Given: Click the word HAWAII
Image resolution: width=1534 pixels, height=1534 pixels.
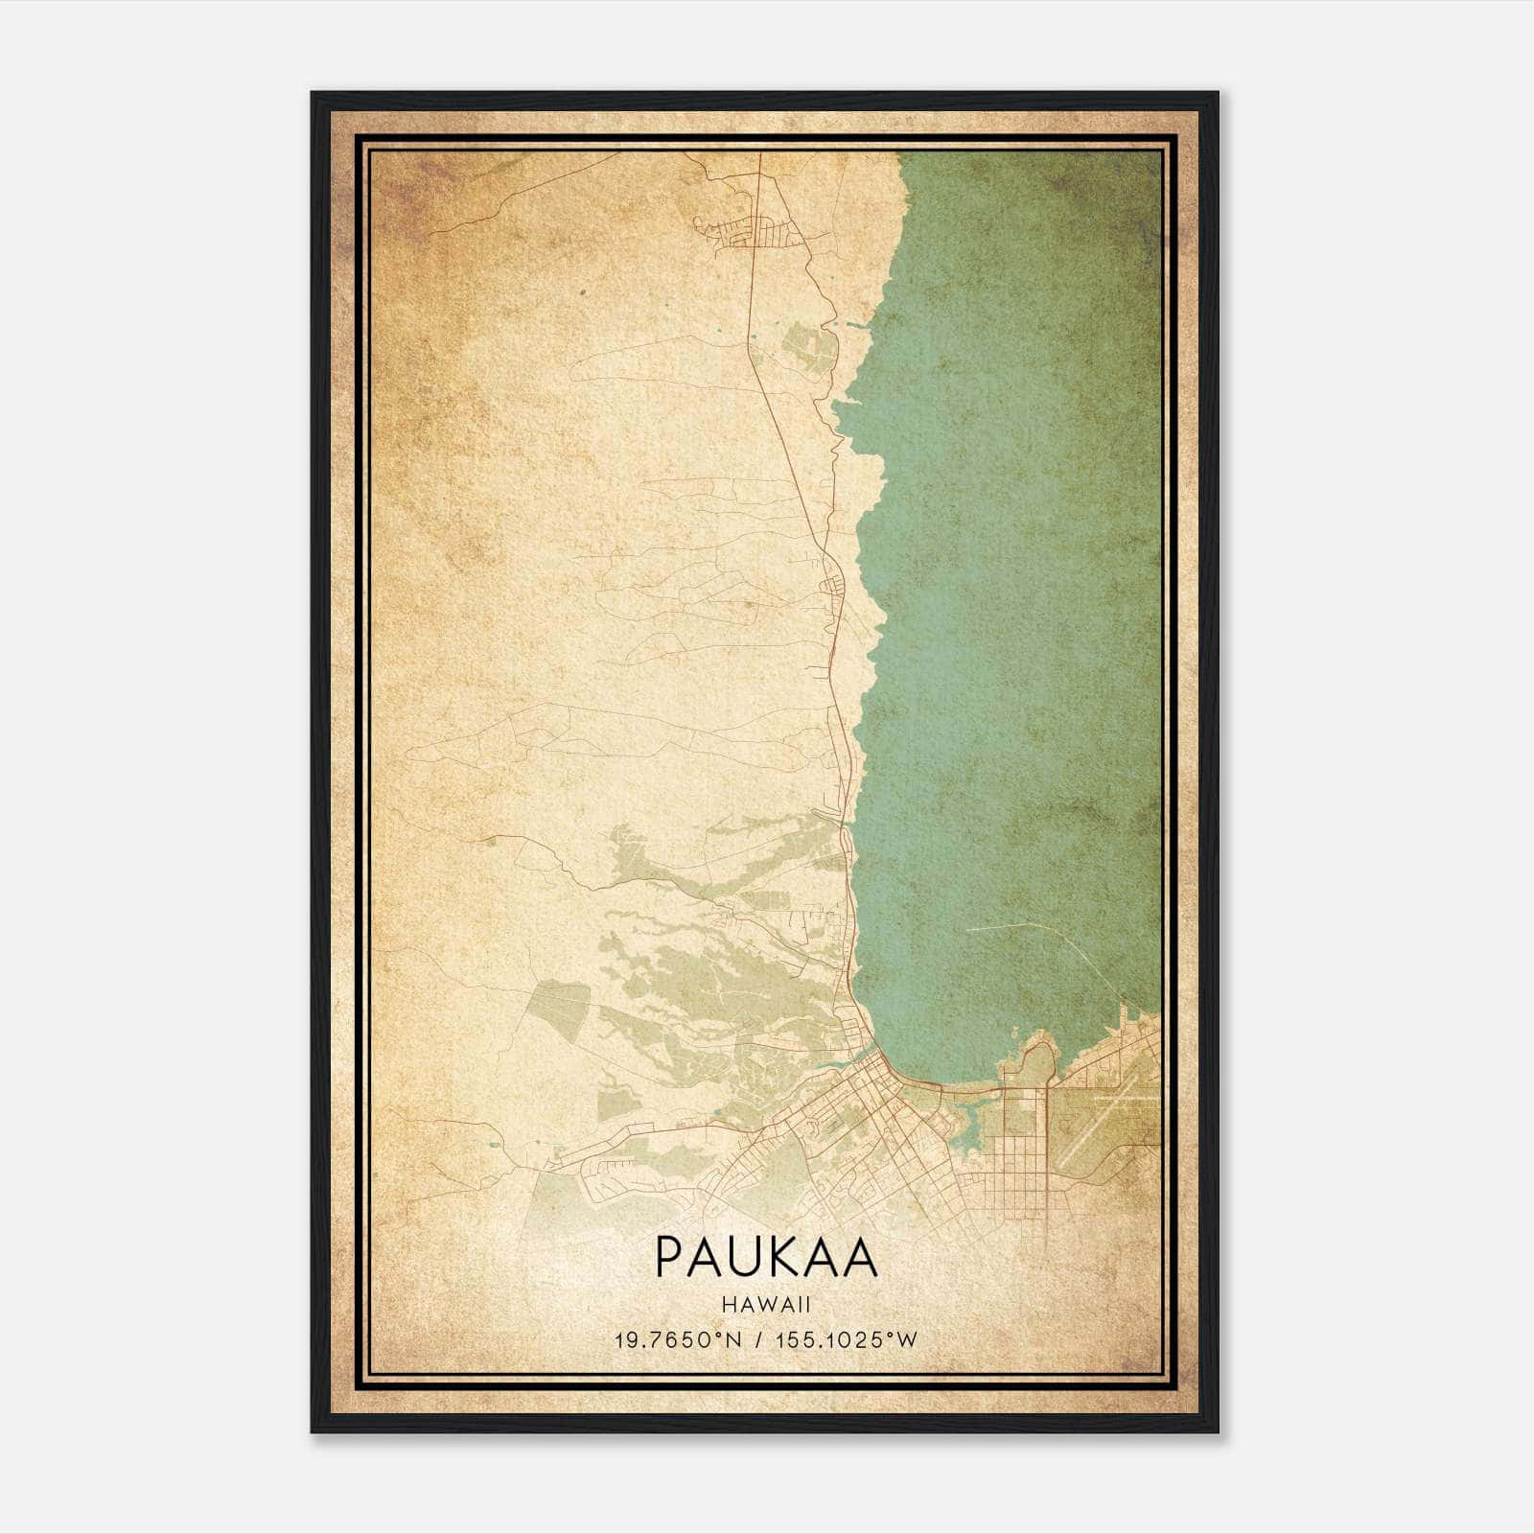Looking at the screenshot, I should [766, 1304].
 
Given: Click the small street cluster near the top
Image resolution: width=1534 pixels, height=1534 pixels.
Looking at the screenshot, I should [757, 231].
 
